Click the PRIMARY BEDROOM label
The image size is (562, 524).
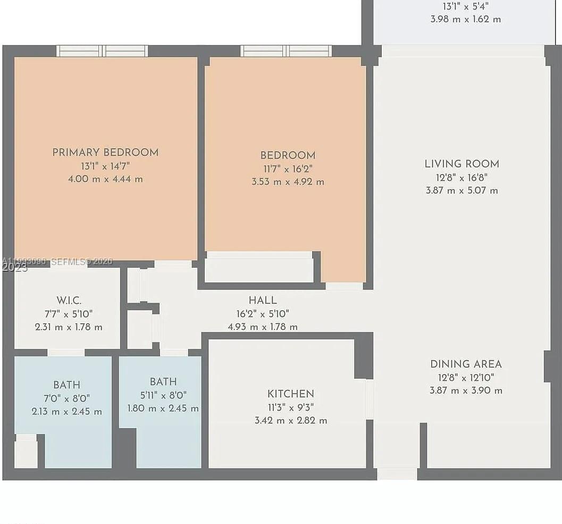point(105,153)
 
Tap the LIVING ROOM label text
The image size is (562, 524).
point(462,164)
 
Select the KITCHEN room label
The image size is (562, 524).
point(290,394)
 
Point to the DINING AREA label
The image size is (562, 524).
point(466,364)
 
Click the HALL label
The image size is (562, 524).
point(263,301)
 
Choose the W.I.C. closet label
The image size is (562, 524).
point(69,301)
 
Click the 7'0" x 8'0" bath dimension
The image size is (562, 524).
point(66,398)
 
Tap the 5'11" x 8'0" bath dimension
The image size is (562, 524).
point(163,395)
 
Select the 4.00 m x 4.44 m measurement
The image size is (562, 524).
point(105,179)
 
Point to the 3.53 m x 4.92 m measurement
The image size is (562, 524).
point(288,182)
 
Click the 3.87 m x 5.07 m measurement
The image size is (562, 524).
point(462,190)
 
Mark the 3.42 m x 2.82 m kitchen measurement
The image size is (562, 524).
point(290,421)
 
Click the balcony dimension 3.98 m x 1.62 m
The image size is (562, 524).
point(465,19)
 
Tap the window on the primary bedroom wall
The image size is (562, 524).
point(102,51)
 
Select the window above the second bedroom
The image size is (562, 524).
point(286,51)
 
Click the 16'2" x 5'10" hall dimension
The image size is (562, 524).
point(263,314)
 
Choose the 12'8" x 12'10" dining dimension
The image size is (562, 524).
point(466,378)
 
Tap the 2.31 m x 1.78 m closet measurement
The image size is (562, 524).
point(69,327)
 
